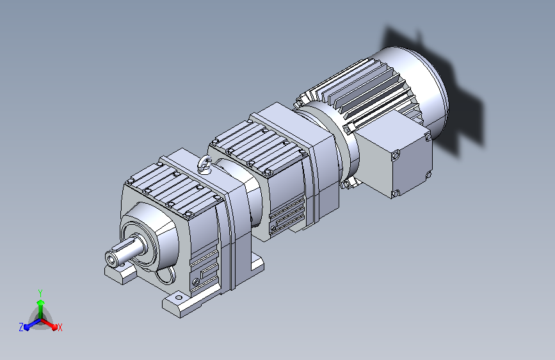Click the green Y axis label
tap(40, 293)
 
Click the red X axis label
tap(60, 328)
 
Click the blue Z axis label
tap(21, 327)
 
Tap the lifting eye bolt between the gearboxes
tap(205, 165)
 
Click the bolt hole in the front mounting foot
tap(179, 298)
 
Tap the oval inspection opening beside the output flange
tap(166, 275)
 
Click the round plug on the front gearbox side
tap(196, 282)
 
